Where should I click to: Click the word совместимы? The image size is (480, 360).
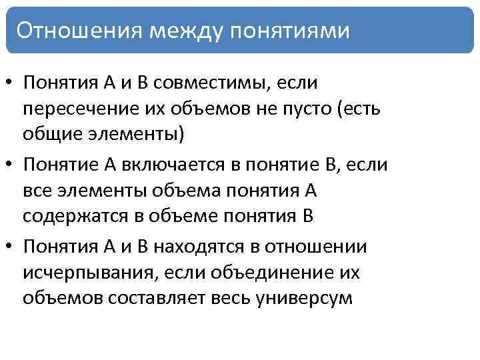[x=218, y=83]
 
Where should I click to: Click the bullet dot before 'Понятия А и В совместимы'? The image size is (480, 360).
[x=10, y=84]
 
